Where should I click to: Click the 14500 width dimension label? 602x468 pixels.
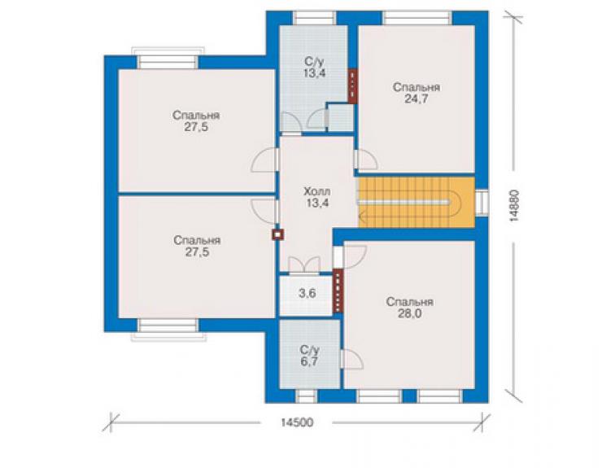(297, 422)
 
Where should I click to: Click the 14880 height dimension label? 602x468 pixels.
(514, 206)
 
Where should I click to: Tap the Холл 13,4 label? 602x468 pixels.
(317, 197)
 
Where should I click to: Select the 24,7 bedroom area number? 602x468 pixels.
(417, 99)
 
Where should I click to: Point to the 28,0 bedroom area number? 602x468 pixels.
(409, 314)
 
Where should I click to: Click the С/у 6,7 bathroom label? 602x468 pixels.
(309, 356)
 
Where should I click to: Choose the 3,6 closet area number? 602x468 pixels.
(308, 294)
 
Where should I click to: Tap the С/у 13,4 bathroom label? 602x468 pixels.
(315, 68)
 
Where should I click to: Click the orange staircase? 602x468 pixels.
(417, 202)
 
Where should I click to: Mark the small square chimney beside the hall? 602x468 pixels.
(277, 234)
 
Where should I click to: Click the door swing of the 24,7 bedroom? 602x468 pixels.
(366, 160)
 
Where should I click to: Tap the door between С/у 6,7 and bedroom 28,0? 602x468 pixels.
(351, 359)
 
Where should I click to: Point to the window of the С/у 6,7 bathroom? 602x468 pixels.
(306, 396)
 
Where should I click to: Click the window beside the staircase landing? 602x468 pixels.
(482, 202)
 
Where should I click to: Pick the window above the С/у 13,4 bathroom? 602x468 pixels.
(315, 18)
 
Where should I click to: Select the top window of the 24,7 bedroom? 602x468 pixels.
(417, 18)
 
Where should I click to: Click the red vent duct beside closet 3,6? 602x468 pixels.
(338, 291)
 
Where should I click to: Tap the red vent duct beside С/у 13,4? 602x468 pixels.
(352, 86)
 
